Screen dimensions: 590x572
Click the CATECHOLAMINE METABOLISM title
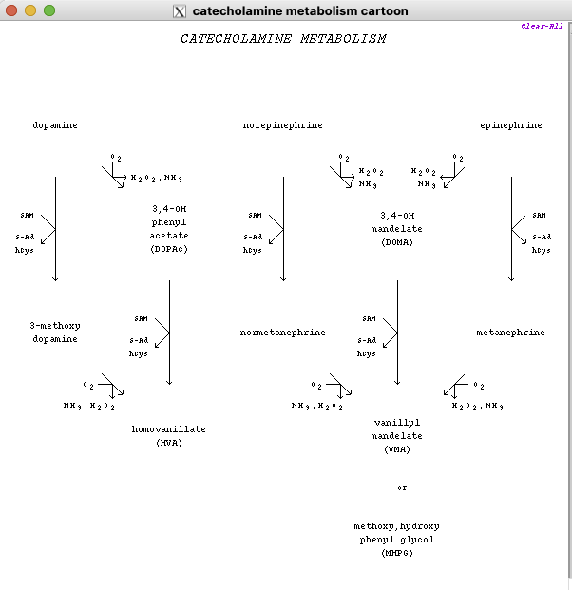coord(283,39)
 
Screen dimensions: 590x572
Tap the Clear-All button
coord(542,26)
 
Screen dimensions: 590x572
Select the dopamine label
coord(55,125)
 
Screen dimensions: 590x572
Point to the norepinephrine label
coord(282,125)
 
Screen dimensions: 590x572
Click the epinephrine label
coord(511,125)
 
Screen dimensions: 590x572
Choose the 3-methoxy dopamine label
coord(55,332)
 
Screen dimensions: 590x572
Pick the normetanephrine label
coord(282,333)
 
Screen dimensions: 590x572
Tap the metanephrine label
coord(510,333)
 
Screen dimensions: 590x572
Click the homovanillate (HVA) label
coord(168,436)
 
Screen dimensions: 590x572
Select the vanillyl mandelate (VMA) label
coord(397,436)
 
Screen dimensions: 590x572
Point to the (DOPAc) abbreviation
coord(169,249)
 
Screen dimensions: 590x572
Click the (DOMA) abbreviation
coord(397,242)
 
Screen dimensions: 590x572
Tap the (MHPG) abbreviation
coord(397,553)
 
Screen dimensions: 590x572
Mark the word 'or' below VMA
coord(402,488)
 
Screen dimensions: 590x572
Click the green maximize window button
coord(49,10)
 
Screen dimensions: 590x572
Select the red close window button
coord(11,10)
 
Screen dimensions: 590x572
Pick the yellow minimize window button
coord(30,10)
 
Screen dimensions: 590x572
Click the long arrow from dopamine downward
coord(55,228)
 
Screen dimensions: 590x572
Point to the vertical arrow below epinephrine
coord(511,228)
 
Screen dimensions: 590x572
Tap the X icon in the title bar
coord(179,11)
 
